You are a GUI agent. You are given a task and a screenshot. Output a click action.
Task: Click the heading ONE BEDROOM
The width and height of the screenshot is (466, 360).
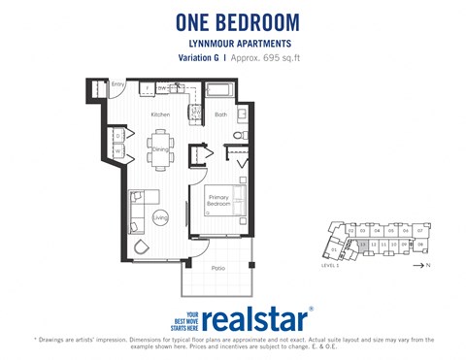(x=238, y=21)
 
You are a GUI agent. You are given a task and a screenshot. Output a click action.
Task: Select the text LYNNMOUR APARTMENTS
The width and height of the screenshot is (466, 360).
(x=237, y=44)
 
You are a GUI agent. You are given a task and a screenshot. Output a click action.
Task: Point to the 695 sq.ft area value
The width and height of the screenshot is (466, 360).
(x=274, y=58)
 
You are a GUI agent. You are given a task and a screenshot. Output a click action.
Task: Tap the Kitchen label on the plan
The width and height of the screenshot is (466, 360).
(x=160, y=115)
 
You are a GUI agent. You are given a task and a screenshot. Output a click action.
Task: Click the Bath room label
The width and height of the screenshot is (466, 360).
(x=220, y=115)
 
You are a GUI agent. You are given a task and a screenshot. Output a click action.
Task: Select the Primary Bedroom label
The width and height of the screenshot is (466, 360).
(x=218, y=203)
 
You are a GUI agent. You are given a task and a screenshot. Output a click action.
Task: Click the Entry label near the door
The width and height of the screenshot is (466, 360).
(x=117, y=85)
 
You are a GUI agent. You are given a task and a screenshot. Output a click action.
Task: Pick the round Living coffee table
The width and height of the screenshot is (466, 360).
(x=160, y=218)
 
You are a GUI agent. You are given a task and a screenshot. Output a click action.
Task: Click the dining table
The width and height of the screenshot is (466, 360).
(x=159, y=148)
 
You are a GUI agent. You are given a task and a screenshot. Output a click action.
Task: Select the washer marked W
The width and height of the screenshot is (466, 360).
(x=117, y=151)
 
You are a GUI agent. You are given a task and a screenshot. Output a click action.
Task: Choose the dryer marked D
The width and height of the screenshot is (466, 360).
(x=117, y=136)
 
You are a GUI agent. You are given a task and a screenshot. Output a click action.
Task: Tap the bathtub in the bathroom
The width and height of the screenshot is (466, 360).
(x=219, y=91)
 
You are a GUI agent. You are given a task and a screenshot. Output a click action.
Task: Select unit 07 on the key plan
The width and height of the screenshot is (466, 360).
(x=419, y=230)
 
